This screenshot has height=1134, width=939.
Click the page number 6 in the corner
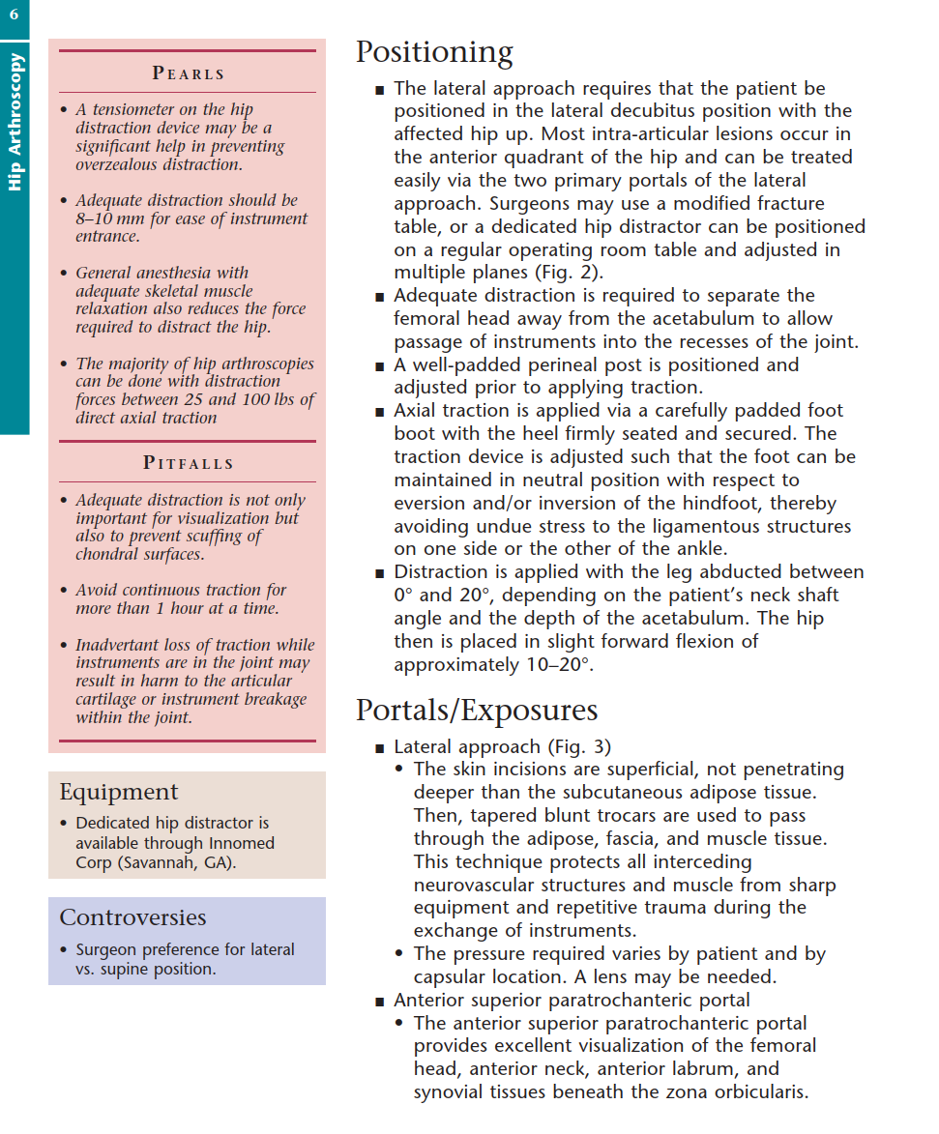[14, 15]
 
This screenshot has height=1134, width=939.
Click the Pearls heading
[189, 73]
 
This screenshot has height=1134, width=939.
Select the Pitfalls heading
[189, 463]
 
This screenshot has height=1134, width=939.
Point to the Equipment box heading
[119, 792]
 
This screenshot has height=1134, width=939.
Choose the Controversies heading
[132, 917]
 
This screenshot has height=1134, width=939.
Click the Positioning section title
[434, 51]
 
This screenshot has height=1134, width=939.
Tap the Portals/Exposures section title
[477, 710]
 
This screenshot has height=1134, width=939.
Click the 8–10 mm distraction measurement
[108, 218]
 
